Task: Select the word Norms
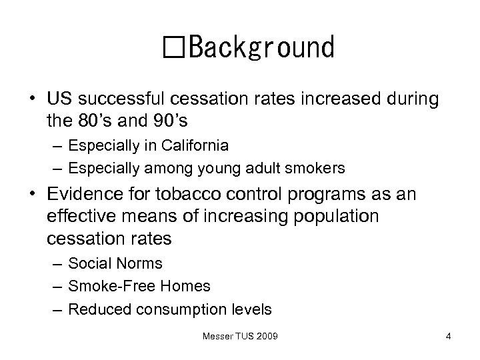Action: (x=138, y=264)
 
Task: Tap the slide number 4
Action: (x=449, y=336)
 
